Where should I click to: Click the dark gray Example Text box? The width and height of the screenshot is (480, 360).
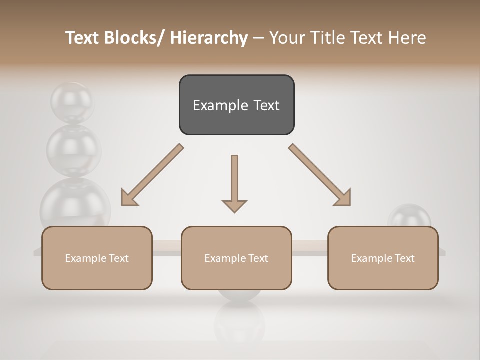(x=236, y=105)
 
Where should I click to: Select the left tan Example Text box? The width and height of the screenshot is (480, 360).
(x=97, y=258)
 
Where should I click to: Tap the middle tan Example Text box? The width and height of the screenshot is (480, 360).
(x=236, y=258)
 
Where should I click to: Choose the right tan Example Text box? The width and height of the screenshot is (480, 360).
(x=383, y=258)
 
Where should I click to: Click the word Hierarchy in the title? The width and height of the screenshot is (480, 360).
(x=209, y=38)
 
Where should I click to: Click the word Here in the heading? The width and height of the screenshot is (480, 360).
(x=408, y=38)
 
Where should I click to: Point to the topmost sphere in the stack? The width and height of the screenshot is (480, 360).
(x=72, y=102)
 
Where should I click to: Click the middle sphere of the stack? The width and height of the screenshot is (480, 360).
(x=73, y=149)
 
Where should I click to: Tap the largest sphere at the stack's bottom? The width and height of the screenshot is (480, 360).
(x=75, y=205)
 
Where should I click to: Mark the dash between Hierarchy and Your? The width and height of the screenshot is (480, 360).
(x=258, y=38)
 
